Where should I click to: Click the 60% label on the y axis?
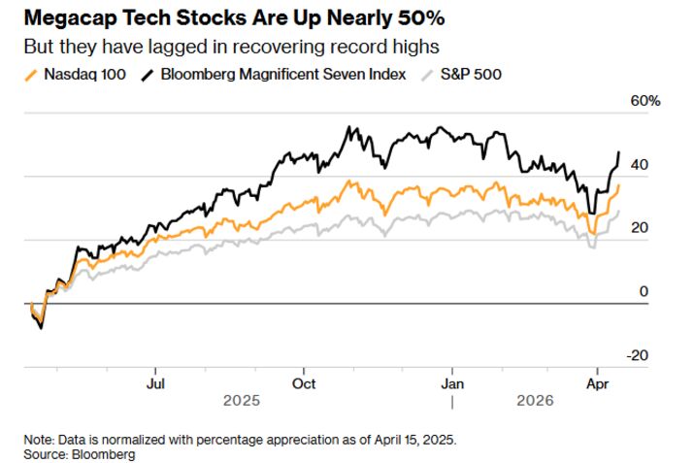[646, 101]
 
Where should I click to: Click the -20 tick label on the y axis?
[638, 355]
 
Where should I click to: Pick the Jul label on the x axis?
[154, 382]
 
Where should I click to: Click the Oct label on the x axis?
[304, 382]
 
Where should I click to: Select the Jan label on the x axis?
[451, 382]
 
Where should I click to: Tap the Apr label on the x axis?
[598, 382]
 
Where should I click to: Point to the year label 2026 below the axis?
[535, 400]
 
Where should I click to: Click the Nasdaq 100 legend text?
[84, 75]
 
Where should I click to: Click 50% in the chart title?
[423, 18]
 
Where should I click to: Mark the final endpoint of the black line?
[619, 152]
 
